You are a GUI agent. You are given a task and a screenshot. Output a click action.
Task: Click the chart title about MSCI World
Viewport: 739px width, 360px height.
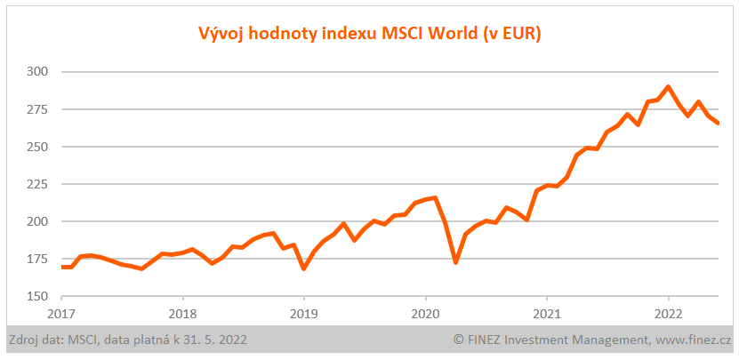pyautogui.click(x=369, y=34)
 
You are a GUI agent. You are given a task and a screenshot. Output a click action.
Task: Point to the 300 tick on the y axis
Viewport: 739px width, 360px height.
pyautogui.click(x=37, y=71)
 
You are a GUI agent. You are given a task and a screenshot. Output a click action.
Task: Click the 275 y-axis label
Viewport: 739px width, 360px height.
pyautogui.click(x=37, y=109)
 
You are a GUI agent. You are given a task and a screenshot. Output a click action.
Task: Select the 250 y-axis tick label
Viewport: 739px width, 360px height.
pyautogui.click(x=37, y=147)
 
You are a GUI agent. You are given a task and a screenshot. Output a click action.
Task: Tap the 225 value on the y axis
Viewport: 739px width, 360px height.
pyautogui.click(x=37, y=184)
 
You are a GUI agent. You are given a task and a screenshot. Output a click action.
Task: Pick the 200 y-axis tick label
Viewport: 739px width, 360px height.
pyautogui.click(x=37, y=221)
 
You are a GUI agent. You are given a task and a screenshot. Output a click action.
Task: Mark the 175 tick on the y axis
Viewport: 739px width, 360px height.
pyautogui.click(x=37, y=259)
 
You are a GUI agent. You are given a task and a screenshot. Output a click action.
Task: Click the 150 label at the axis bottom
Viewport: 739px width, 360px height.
pyautogui.click(x=37, y=297)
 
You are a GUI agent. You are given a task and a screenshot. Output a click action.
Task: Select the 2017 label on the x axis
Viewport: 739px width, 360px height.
pyautogui.click(x=61, y=313)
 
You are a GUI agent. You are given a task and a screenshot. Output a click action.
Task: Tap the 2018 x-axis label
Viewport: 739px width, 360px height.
pyautogui.click(x=182, y=313)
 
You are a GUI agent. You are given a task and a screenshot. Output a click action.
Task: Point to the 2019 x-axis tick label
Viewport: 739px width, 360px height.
pyautogui.click(x=304, y=313)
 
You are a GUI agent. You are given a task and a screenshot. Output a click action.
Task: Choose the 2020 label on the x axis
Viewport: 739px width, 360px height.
pyautogui.click(x=425, y=313)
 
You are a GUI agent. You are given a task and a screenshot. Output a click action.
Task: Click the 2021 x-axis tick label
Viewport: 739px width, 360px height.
pyautogui.click(x=546, y=313)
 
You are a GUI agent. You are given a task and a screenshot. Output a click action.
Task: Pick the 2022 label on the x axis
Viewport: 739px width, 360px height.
pyautogui.click(x=668, y=313)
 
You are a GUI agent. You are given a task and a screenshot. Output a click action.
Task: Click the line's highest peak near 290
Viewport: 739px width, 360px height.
pyautogui.click(x=668, y=87)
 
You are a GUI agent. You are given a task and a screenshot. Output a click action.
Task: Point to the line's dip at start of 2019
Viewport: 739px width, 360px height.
pyautogui.click(x=304, y=268)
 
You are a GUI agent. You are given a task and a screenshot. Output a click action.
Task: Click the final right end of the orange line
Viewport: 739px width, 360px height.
pyautogui.click(x=718, y=123)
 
